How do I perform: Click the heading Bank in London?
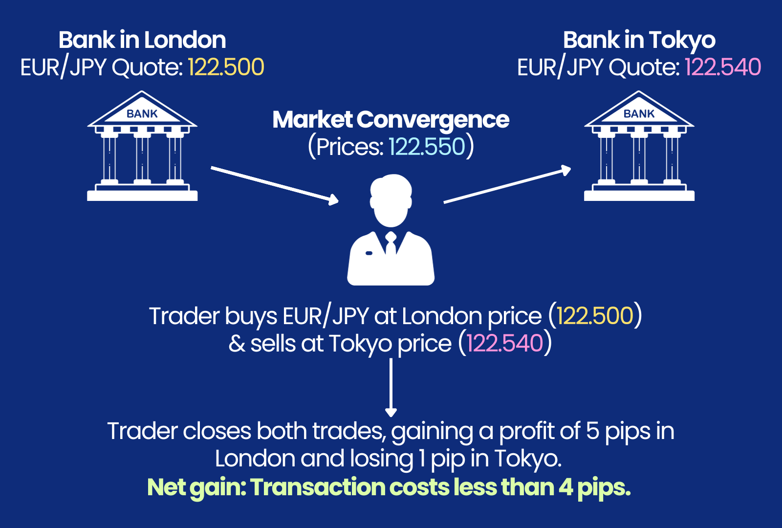(x=142, y=40)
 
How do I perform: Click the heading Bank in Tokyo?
(x=639, y=40)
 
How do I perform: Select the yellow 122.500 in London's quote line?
(x=226, y=67)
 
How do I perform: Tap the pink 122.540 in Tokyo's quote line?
(x=723, y=67)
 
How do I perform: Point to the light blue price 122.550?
(x=427, y=147)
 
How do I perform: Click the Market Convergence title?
(x=391, y=120)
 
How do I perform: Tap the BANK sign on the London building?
(x=142, y=114)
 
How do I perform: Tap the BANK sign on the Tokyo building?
(x=639, y=114)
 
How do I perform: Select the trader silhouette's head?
(x=391, y=200)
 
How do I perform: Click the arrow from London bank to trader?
(x=274, y=184)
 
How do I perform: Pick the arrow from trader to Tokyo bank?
(x=507, y=186)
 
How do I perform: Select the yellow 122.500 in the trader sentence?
(x=595, y=316)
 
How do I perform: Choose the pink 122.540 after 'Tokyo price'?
(x=505, y=343)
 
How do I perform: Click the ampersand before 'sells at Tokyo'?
(x=237, y=344)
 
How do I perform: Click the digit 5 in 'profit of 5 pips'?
(x=592, y=431)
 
